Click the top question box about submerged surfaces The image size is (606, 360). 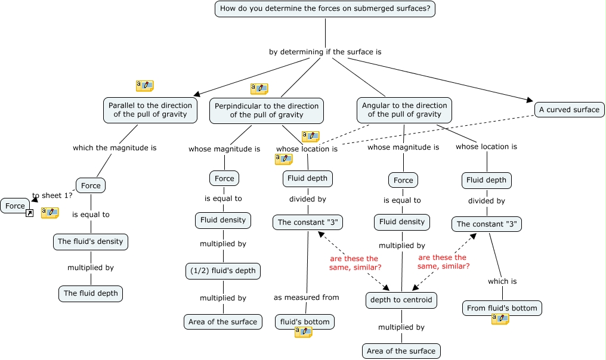pos(325,9)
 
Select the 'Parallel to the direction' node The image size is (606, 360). pos(150,110)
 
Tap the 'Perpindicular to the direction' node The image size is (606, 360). pos(267,111)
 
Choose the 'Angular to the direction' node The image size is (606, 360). pos(404,110)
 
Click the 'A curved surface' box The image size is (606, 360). pos(569,110)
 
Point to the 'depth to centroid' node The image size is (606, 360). pos(401,300)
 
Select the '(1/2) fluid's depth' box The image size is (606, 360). pos(223,271)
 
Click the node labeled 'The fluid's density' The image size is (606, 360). pos(91,241)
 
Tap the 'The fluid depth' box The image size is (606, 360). pos(91,293)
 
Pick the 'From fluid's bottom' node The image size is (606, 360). pos(502,308)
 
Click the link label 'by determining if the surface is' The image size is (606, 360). pos(325,52)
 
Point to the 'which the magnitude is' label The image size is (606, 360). pos(115,148)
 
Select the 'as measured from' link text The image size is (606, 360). pos(307,297)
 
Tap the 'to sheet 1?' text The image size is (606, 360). pos(52,195)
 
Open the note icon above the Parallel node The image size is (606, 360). pos(145,86)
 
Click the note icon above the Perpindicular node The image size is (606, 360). pos(259,89)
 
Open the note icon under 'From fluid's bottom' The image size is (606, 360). pos(500,319)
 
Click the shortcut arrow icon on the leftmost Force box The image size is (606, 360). pos(29,213)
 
